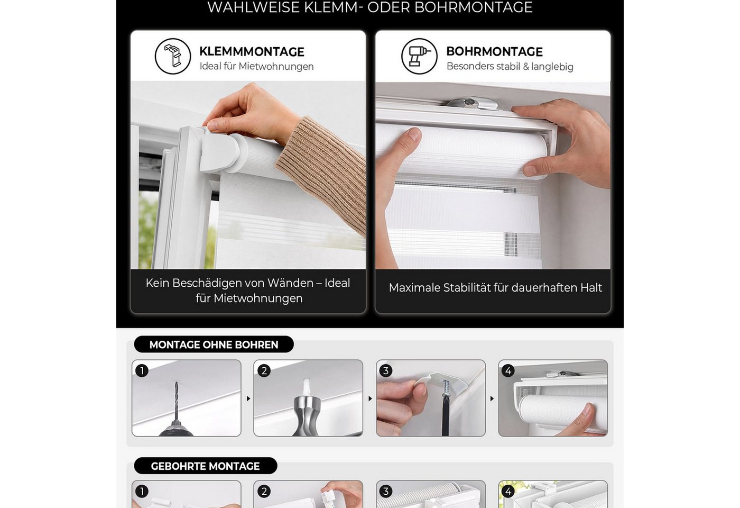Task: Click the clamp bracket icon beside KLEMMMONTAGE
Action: coord(173,56)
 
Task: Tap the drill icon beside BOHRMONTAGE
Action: coord(419,56)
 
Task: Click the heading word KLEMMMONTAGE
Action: coord(252,52)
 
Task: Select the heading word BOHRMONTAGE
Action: coord(494,52)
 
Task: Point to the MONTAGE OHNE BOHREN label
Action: coord(214,344)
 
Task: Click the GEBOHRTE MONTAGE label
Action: coord(205,466)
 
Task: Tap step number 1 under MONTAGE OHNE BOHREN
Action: coord(142,370)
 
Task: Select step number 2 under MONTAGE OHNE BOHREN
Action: coord(264,370)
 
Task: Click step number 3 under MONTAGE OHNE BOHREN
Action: coord(386,370)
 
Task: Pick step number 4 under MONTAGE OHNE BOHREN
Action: coord(508,370)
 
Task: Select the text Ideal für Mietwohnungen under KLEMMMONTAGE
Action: coord(256,67)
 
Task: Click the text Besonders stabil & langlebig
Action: coord(510,67)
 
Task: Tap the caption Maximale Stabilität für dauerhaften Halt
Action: coord(495,288)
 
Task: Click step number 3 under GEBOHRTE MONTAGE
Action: coord(386,491)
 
